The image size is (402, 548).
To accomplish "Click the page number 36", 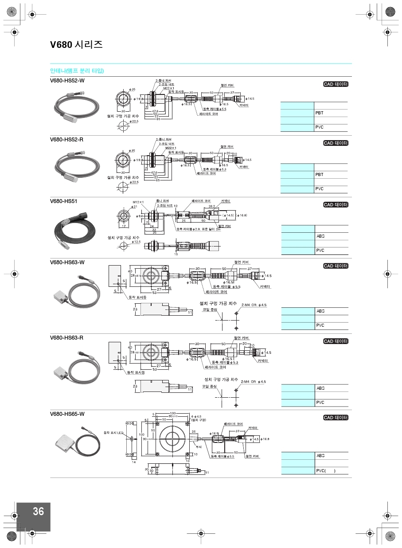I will click(x=38, y=511).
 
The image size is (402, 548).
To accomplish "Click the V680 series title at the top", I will click(x=76, y=45).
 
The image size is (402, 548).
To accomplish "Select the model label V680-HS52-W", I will click(x=67, y=80).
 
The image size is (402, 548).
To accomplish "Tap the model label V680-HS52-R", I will click(x=66, y=140).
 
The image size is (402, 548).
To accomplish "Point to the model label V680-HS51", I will click(x=63, y=201).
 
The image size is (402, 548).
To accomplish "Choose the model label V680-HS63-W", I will click(x=67, y=262).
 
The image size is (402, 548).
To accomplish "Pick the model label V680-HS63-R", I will click(x=66, y=338).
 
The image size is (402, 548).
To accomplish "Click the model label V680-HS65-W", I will click(x=67, y=414).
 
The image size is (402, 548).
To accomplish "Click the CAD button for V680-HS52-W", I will click(x=336, y=85).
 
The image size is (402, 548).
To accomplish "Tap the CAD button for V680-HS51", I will click(x=336, y=205).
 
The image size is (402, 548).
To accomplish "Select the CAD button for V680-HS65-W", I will click(x=336, y=418).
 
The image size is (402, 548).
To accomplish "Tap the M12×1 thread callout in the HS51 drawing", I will click(x=138, y=202).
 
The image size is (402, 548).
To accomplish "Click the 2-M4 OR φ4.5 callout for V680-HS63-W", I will click(x=254, y=305).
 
